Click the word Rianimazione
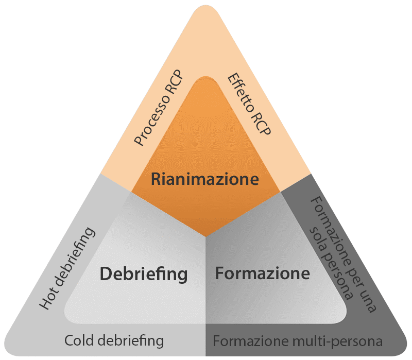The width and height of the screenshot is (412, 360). point(204,180)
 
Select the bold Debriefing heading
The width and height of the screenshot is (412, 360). point(143,273)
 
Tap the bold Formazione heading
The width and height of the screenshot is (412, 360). point(263,272)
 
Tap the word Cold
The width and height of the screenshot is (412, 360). point(80,340)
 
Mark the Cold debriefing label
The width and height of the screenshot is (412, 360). point(114,340)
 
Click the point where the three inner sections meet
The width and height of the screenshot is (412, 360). point(205,237)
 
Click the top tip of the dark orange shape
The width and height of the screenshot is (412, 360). point(205,78)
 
